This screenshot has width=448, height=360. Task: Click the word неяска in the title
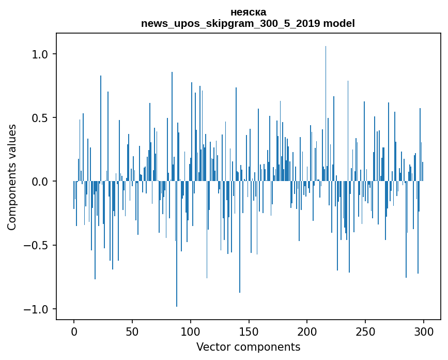(x=248, y=12)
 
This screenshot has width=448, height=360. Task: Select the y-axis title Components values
(x=12, y=177)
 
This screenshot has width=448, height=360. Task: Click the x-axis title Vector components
(x=248, y=347)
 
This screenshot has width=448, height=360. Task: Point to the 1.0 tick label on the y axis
(x=39, y=54)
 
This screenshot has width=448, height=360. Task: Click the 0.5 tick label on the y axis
(x=39, y=118)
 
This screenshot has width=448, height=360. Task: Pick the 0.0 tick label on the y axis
(x=39, y=182)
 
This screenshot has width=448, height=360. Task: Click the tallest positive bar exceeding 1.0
(x=326, y=103)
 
